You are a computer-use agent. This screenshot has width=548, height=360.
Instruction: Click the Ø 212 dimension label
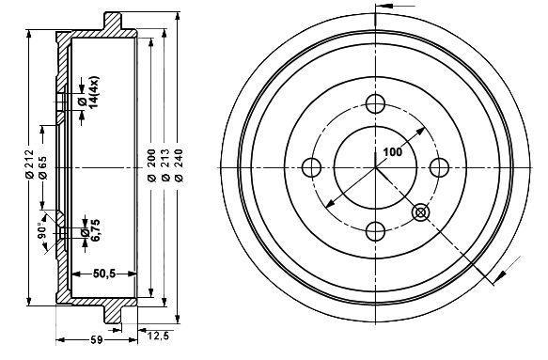(x=29, y=164)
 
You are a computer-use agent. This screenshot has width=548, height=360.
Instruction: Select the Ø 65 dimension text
(x=43, y=167)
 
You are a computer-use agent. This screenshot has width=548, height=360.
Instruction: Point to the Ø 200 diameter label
(x=151, y=165)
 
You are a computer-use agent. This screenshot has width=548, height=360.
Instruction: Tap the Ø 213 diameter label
(x=165, y=165)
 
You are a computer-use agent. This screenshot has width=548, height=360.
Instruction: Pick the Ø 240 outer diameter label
(x=179, y=165)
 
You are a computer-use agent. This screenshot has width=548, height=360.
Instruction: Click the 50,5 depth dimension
(x=104, y=274)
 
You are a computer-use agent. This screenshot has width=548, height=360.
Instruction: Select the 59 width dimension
(x=98, y=339)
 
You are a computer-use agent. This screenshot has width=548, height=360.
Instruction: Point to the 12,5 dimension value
(x=158, y=337)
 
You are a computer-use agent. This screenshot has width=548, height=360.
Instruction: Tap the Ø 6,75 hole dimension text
(x=90, y=230)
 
